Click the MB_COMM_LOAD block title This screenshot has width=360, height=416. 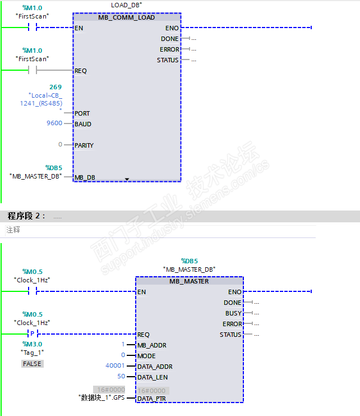coord(126,17)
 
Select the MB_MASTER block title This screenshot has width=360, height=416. coord(189,281)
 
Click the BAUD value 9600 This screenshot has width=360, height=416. coord(54,124)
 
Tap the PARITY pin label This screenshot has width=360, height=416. coord(84,145)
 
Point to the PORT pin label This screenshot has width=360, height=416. coord(82,113)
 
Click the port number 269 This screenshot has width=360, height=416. coord(56,87)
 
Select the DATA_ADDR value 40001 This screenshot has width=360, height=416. coord(115,366)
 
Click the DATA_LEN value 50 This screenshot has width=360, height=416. coord(121,377)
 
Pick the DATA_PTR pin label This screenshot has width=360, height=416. coord(151,399)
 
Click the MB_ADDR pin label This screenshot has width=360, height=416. coord(151,345)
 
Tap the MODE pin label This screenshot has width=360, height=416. coord(146,356)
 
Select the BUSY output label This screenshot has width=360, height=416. coord(233,313)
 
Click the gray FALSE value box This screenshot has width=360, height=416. coord(32,364)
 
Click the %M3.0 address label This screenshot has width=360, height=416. coord(32,344)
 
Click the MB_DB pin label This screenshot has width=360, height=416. coord(85,177)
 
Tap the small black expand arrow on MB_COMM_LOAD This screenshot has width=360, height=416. coord(127,179)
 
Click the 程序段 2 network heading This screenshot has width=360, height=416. coord(25,216)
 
